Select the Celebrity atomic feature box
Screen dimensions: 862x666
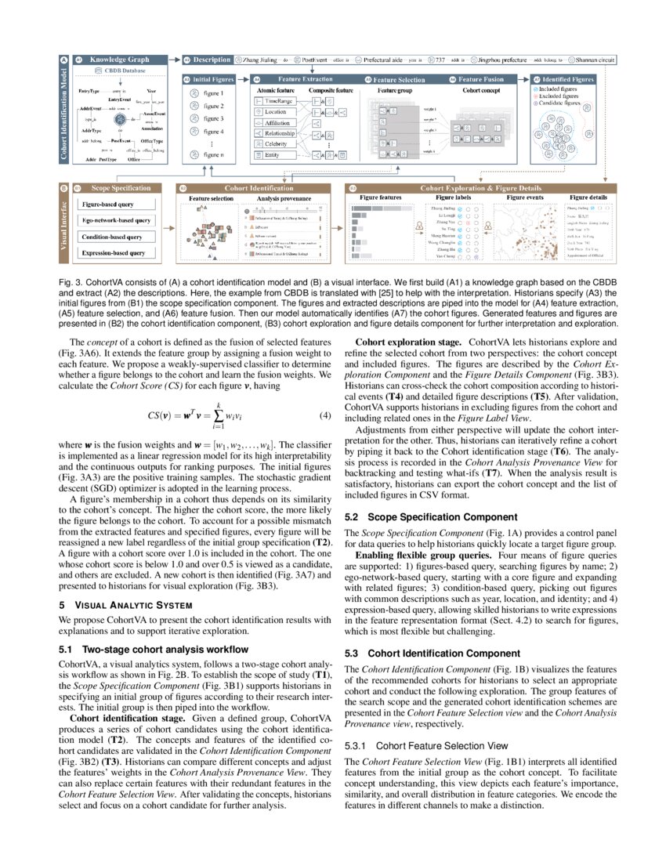tap(276, 144)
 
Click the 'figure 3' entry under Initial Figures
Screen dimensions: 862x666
tap(213, 118)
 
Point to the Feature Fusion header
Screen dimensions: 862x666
tap(480, 79)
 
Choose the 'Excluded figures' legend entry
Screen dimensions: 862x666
tap(559, 96)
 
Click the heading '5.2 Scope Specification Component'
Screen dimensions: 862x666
tap(431, 517)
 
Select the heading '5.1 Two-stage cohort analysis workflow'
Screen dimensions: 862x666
tap(154, 650)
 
